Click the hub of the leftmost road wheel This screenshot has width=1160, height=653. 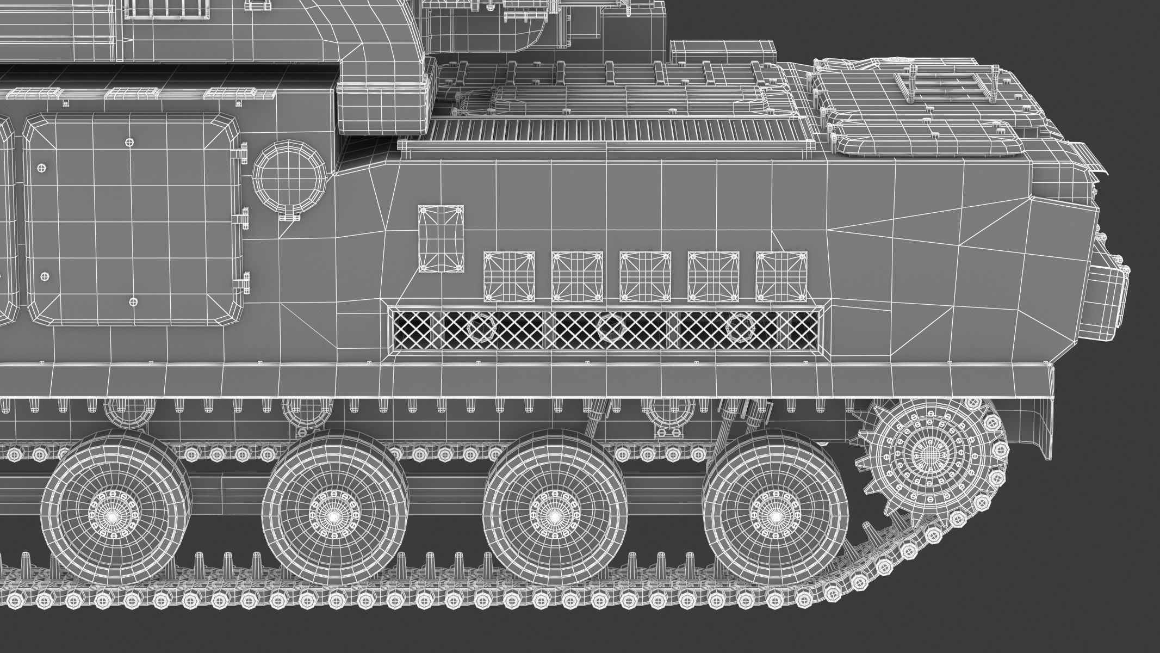point(113,515)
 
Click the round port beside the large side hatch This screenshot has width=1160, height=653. point(289,180)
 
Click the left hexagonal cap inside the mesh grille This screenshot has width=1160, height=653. point(479,328)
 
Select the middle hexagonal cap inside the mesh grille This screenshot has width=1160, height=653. point(611,328)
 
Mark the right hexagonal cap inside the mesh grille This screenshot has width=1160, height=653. point(740,328)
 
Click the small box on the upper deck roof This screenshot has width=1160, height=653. point(723,52)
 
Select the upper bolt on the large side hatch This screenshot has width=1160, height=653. point(129,143)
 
